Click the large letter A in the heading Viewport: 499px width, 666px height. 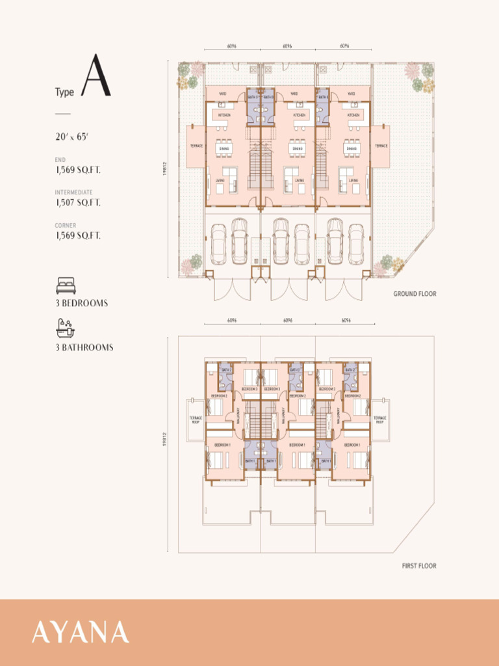(96, 77)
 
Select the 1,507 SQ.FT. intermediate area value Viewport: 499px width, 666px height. (78, 203)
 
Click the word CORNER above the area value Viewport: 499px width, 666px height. (65, 226)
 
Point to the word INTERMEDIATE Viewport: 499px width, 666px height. (73, 193)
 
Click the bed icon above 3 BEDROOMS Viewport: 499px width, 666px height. (66, 286)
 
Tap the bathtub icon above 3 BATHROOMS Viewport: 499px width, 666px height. (66, 327)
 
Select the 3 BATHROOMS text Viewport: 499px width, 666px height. (84, 347)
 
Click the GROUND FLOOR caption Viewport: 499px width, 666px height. (415, 294)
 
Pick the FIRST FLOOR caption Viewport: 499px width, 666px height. (419, 566)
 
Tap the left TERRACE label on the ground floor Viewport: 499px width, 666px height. (196, 146)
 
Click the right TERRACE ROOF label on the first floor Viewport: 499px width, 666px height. (379, 420)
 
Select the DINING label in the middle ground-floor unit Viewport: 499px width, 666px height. (297, 149)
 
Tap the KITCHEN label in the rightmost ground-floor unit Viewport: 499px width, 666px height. (353, 115)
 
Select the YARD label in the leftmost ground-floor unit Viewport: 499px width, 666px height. (222, 93)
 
